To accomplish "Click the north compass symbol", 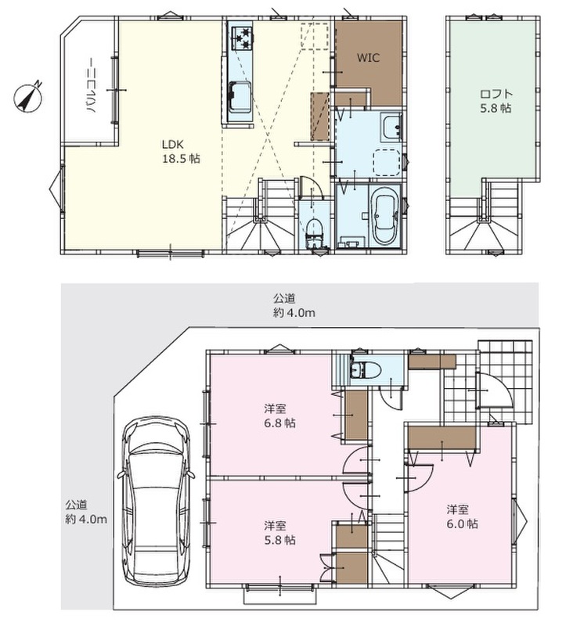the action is (28, 97).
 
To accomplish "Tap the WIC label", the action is (368, 58).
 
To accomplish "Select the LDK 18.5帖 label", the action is (181, 152).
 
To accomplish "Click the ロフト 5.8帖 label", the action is (496, 101).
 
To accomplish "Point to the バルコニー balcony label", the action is (90, 86).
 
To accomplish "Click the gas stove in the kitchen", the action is (240, 38).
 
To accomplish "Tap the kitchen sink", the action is (240, 97).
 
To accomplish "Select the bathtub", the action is (385, 216).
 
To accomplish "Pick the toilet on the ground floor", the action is (364, 369).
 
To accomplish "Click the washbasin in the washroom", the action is (391, 127).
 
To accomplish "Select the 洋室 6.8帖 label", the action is (280, 416).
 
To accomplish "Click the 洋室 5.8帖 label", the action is (280, 533).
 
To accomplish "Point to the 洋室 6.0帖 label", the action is (462, 516).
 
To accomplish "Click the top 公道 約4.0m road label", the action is (294, 305).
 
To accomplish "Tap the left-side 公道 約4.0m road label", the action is (86, 513).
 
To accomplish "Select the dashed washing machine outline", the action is (387, 162).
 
